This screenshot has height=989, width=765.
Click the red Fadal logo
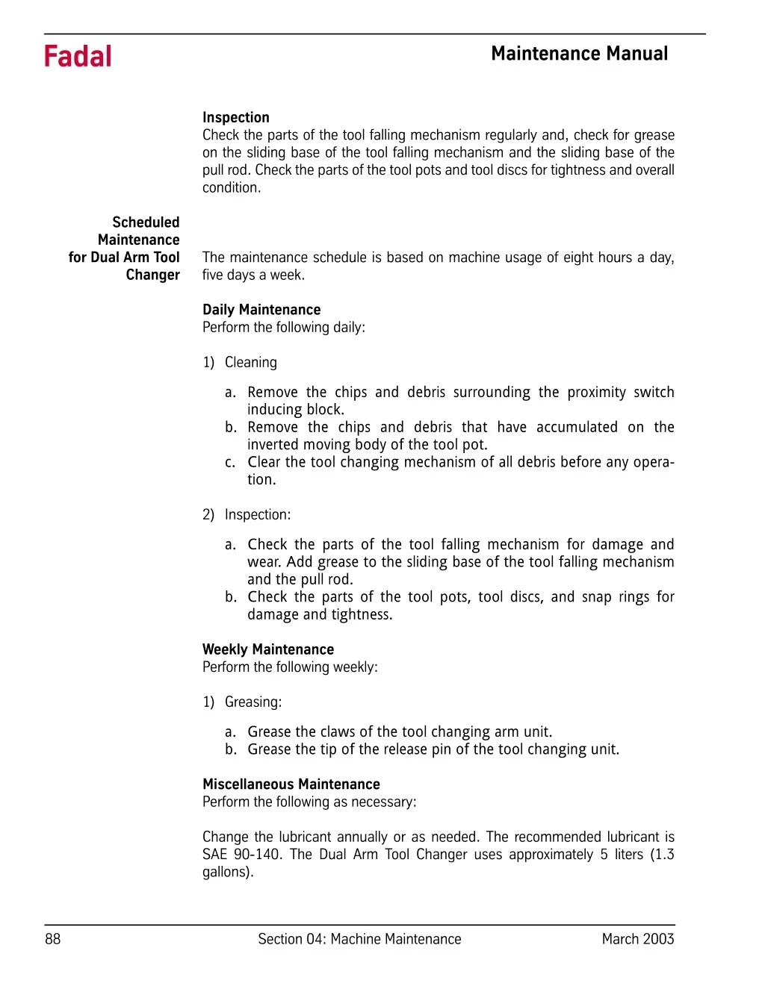pos(78,57)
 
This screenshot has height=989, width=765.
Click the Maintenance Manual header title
pos(579,54)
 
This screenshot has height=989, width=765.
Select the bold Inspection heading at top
pos(235,117)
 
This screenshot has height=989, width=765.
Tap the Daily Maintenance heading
pos(261,310)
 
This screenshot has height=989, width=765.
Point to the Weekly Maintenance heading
pos(267,649)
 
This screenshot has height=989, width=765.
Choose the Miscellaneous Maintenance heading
pos(291,784)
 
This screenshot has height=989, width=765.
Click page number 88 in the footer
pos(53,939)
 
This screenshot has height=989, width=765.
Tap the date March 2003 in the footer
pos(637,939)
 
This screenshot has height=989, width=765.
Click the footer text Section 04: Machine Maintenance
pos(359,939)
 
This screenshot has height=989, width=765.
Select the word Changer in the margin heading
pos(153,275)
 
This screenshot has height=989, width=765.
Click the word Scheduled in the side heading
pos(146,222)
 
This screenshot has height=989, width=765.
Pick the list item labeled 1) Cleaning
pos(240,362)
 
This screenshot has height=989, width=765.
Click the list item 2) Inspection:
pos(247,514)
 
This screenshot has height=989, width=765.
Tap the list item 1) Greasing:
pos(242,702)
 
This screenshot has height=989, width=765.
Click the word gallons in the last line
pos(226,872)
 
